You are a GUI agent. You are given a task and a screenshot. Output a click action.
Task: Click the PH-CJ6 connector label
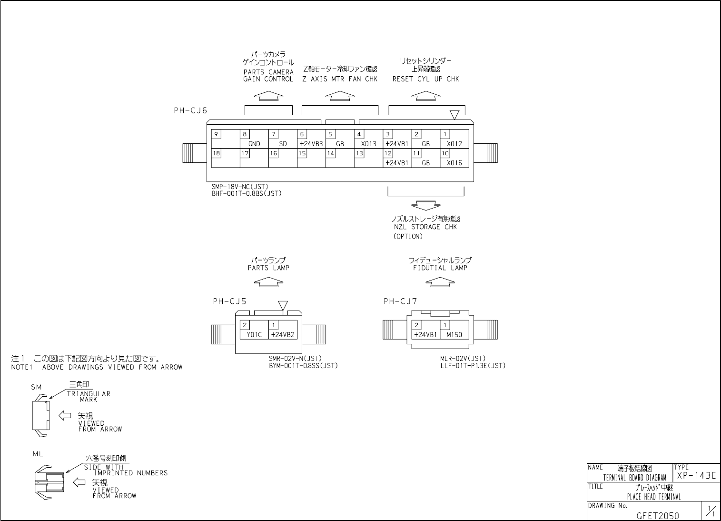point(190,110)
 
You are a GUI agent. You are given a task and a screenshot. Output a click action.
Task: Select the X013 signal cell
point(368,144)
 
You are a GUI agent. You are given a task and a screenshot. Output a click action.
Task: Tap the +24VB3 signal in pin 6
point(311,144)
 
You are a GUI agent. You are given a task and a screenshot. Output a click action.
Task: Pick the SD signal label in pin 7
point(283,144)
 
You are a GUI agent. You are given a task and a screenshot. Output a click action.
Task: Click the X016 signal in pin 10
point(454,163)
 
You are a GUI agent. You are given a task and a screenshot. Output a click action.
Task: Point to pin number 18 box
point(216,153)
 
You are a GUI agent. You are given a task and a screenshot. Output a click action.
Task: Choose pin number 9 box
point(216,134)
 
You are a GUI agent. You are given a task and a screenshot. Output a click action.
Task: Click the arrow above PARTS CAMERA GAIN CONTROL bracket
point(268,96)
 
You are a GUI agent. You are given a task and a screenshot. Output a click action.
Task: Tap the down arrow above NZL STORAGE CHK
point(426,205)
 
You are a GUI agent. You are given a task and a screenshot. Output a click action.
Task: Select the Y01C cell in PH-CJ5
point(254,334)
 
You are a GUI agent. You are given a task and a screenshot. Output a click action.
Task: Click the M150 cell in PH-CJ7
point(454,334)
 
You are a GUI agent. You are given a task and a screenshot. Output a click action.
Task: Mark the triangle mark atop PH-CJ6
point(454,115)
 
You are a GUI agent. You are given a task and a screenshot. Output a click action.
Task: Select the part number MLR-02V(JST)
point(463,359)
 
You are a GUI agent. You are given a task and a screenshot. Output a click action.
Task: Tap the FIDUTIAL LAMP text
point(440,268)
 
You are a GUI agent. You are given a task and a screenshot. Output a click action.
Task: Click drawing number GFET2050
point(658,516)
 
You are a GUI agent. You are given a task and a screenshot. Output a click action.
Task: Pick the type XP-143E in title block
point(696,476)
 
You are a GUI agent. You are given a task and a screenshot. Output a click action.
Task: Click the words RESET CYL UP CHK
point(425,79)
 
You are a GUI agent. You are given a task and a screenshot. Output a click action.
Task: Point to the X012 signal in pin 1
point(454,144)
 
